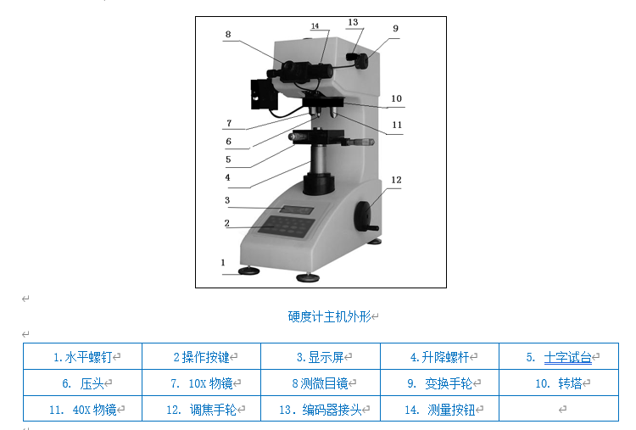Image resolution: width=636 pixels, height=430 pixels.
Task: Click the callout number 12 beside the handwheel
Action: click(x=396, y=180)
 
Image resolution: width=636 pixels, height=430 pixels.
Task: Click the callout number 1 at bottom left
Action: click(x=223, y=263)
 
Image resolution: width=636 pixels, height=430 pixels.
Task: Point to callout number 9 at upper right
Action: click(x=395, y=28)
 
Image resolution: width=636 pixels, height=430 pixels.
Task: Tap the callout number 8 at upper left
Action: click(x=227, y=35)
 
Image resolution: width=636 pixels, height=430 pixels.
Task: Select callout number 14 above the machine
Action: click(x=315, y=27)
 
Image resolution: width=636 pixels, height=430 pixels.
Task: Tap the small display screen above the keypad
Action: click(x=297, y=209)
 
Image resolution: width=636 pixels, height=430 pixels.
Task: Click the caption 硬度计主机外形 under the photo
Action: click(x=331, y=316)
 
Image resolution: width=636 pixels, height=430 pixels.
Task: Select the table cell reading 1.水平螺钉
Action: click(x=82, y=357)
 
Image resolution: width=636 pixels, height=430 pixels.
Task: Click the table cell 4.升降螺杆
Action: click(x=438, y=357)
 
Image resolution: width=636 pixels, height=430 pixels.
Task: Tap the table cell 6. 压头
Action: click(x=82, y=383)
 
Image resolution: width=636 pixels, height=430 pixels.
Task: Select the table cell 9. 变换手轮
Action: click(x=438, y=383)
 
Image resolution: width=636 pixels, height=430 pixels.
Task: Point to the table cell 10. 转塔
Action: click(x=557, y=383)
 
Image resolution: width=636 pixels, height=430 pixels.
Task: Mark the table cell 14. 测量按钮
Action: click(x=438, y=410)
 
